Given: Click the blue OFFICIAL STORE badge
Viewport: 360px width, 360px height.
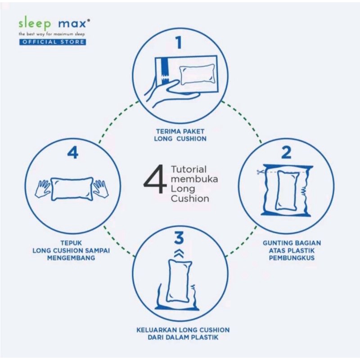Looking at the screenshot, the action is coord(53,42).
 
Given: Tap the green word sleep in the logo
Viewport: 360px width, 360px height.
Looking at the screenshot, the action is coord(35,24).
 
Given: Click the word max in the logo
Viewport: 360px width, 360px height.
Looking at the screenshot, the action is coord(73,23).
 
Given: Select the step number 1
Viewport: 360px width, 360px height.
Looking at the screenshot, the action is coord(179,42).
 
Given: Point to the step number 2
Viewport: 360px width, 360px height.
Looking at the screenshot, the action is coord(286,153).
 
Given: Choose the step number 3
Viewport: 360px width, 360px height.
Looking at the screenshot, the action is coord(179,238).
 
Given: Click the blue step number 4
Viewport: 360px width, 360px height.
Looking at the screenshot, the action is coord(73,153).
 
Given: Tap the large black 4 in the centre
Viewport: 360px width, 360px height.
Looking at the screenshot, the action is coord(155,179).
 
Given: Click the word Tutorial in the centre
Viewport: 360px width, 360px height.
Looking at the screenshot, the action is coord(189,170).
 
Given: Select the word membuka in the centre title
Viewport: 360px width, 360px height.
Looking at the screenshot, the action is coord(194,179).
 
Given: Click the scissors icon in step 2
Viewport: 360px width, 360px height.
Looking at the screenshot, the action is coord(260,172).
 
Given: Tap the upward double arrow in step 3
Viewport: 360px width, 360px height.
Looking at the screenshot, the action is coord(179,253).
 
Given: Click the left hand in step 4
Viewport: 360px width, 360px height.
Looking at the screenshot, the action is coord(42,189).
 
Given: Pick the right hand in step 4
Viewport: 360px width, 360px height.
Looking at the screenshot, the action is coord(101,189).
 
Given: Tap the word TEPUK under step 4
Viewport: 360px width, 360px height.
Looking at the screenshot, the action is coord(71,243).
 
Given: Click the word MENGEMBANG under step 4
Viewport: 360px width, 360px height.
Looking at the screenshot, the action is coord(71,258).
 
